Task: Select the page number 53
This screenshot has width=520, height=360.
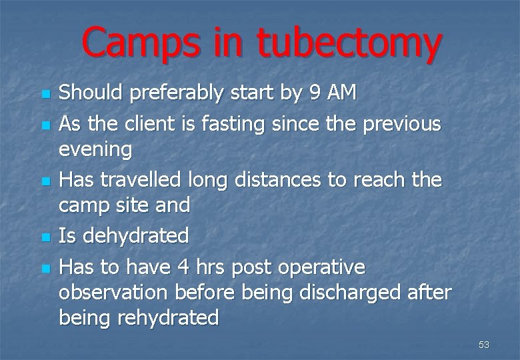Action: (484, 345)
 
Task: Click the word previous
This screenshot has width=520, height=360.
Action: (401, 123)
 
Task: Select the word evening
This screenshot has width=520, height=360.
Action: (95, 149)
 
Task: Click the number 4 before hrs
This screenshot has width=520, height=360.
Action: (183, 267)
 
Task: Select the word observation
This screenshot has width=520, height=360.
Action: (114, 292)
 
